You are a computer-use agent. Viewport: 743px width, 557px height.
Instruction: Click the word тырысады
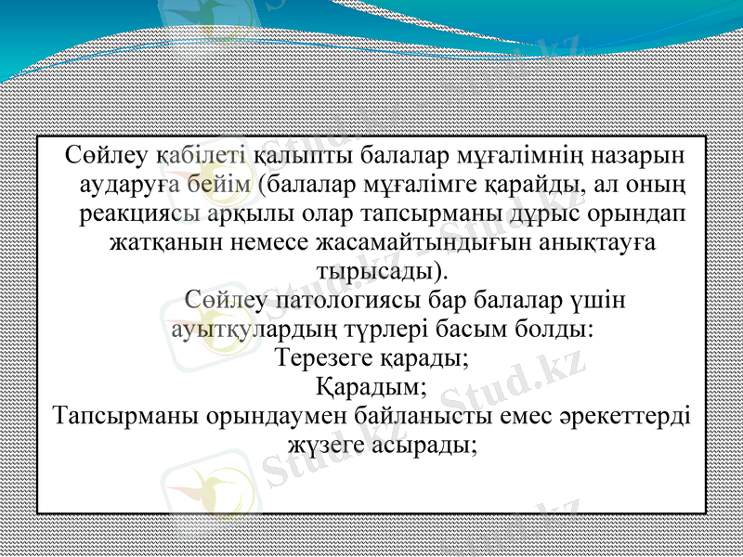coord(377,272)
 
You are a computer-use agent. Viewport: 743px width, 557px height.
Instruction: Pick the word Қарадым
coord(370,385)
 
